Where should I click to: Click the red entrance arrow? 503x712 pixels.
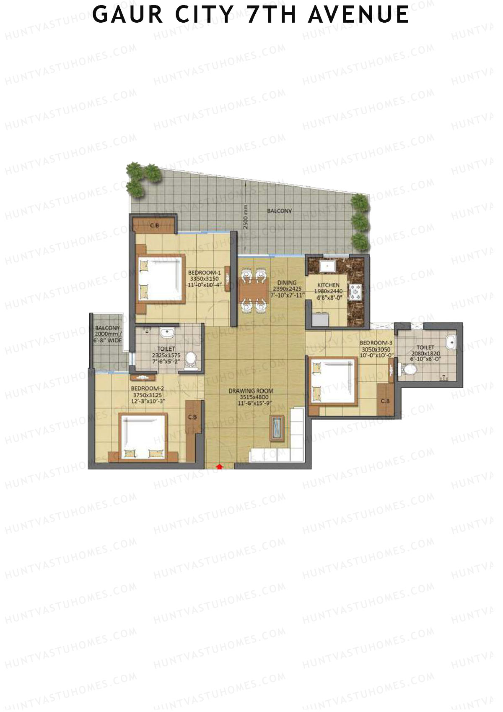point(219,466)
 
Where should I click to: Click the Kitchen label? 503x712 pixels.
point(328,285)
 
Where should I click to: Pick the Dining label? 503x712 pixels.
point(287,283)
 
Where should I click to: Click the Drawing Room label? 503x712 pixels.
point(251,391)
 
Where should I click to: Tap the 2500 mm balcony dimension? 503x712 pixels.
point(246,216)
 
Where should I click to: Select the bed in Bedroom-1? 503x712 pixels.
point(161,278)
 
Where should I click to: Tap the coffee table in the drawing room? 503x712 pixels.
point(277,428)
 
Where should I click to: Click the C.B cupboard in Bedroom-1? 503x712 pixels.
point(154,226)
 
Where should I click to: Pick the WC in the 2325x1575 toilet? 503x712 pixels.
point(191,359)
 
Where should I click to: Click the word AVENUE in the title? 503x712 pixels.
point(358,16)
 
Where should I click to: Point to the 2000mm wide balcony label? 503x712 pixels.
point(107,334)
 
